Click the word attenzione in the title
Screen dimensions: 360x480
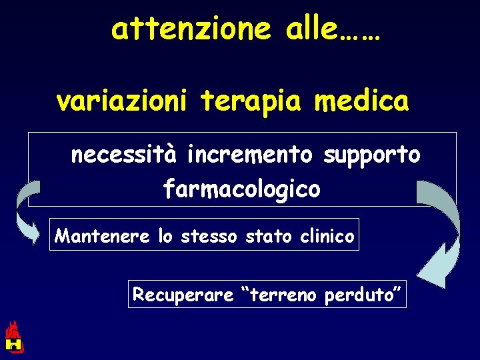pos(191,29)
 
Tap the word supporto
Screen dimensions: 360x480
pos(371,156)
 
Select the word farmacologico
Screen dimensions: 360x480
pos(242,190)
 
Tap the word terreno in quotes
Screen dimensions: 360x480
pos(278,294)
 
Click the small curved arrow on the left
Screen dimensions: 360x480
pos(25,213)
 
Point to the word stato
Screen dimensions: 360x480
pos(269,235)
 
